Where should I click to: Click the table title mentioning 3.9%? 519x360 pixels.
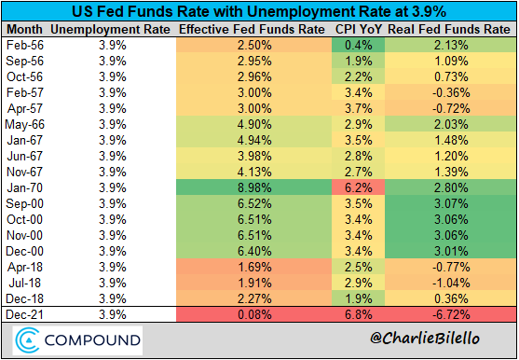(259, 12)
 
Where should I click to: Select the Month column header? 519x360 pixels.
(25, 30)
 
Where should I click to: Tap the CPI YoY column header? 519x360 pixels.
(359, 30)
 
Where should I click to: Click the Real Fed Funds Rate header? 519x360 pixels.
(449, 30)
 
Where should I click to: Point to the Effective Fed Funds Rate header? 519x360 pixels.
(252, 30)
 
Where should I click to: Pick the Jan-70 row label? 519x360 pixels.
(25, 188)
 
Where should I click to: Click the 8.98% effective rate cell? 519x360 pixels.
(254, 188)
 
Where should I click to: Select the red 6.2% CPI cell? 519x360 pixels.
(359, 188)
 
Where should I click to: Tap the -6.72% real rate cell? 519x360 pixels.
(451, 314)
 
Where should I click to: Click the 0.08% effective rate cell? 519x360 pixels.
(254, 314)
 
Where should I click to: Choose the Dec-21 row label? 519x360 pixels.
(25, 314)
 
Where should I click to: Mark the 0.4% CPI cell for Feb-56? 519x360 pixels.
(359, 45)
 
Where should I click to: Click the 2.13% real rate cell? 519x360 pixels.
(451, 45)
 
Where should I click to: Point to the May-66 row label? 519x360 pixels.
(25, 125)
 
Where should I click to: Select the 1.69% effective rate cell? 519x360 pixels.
(254, 268)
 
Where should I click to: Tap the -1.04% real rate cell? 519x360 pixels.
(451, 284)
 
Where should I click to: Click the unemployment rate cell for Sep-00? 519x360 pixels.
(113, 203)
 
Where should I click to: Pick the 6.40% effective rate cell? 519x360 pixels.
(254, 252)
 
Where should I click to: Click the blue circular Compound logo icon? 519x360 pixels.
(27, 340)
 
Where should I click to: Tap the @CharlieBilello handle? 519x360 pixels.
(425, 339)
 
